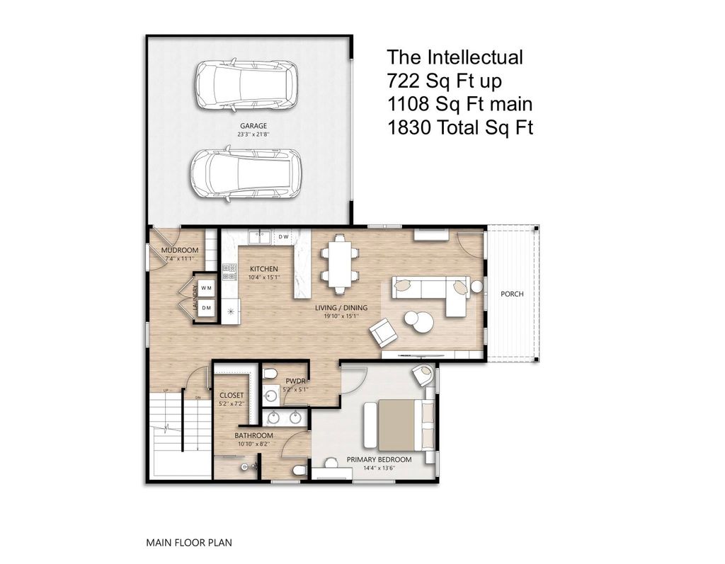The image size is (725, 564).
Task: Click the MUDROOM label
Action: coord(179,251)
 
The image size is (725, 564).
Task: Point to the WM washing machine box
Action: coord(207,288)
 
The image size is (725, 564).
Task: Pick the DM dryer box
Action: coord(207,308)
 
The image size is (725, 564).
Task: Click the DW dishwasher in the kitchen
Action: coord(282,236)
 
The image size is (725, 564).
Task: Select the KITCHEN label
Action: coord(263,269)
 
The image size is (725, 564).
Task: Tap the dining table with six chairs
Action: coord(338,263)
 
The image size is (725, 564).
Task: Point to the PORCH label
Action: coord(512,294)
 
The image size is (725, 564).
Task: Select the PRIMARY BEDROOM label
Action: coord(379,459)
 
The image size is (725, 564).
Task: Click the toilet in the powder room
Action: coord(270,374)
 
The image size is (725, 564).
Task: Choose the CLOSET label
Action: coord(232,396)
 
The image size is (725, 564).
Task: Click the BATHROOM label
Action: coord(254,435)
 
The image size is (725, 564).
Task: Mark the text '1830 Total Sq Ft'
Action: coord(459,127)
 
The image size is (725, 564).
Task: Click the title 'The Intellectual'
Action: coord(455,57)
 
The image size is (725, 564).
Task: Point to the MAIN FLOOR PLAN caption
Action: coord(189,543)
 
